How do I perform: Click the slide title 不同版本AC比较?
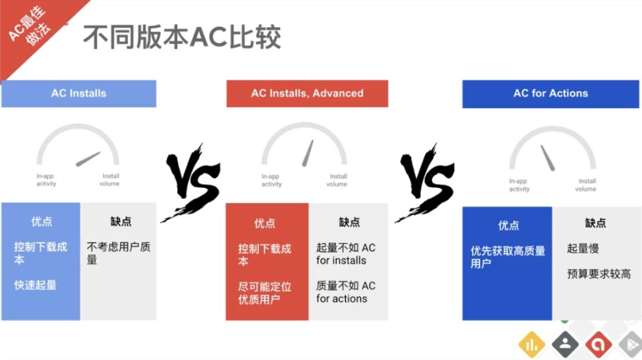tap(182, 37)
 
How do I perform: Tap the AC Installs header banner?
tap(78, 94)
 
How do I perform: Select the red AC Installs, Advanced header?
tap(307, 94)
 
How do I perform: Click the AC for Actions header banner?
tap(550, 94)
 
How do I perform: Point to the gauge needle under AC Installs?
tap(88, 159)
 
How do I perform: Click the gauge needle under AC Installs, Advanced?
tap(308, 153)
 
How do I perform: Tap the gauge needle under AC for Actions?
tap(548, 158)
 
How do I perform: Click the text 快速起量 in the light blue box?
tap(35, 285)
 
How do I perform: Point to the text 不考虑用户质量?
tap(119, 253)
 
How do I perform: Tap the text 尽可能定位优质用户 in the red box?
tap(265, 293)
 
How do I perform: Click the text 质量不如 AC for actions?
tap(345, 292)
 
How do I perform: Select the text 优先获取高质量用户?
tap(508, 257)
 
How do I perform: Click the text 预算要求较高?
tap(599, 274)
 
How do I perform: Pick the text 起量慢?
tap(583, 248)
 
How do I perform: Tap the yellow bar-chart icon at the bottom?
tap(531, 345)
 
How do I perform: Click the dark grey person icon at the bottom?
tap(565, 345)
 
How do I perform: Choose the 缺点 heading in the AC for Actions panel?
tap(595, 223)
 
